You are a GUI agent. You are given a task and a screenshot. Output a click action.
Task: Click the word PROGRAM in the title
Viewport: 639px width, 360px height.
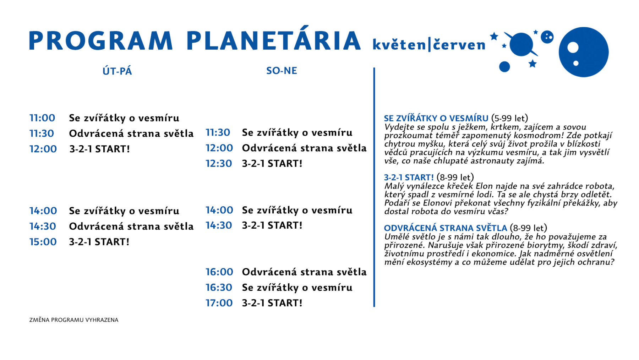(100, 40)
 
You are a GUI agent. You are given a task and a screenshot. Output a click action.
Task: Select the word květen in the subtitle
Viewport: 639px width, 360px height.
(399, 44)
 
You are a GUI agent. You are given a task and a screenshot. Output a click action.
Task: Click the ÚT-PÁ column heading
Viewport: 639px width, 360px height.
(117, 71)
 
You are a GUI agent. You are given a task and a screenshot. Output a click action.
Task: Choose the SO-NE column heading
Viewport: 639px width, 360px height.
(282, 71)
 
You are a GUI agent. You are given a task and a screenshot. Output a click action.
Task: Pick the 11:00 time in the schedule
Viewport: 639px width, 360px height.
(42, 118)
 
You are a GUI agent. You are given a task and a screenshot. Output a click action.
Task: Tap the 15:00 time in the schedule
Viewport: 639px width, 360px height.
(43, 242)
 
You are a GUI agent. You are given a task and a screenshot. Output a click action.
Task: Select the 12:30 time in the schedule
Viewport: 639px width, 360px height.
(219, 164)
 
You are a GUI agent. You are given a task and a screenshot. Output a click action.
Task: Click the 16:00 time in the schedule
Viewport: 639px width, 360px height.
(219, 272)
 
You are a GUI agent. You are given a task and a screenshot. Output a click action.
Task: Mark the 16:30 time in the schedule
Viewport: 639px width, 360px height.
(219, 288)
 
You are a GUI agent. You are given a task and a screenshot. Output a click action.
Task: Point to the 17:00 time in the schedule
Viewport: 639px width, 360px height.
(219, 303)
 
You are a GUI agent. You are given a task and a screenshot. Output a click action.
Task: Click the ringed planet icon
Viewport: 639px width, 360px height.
(521, 44)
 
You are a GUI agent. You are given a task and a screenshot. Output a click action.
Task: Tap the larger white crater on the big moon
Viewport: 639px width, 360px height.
(573, 47)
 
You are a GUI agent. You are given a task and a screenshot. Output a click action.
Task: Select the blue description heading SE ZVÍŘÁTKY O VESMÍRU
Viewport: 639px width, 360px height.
(436, 118)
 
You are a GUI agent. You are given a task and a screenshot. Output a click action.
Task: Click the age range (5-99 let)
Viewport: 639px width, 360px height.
(510, 118)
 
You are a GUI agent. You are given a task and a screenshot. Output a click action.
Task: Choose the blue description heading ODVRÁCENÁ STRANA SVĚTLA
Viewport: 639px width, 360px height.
(446, 228)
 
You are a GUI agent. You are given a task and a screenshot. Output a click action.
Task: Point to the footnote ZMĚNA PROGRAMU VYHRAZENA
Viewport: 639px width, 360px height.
(74, 320)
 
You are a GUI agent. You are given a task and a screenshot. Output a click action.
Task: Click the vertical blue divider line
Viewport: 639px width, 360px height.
(374, 187)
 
